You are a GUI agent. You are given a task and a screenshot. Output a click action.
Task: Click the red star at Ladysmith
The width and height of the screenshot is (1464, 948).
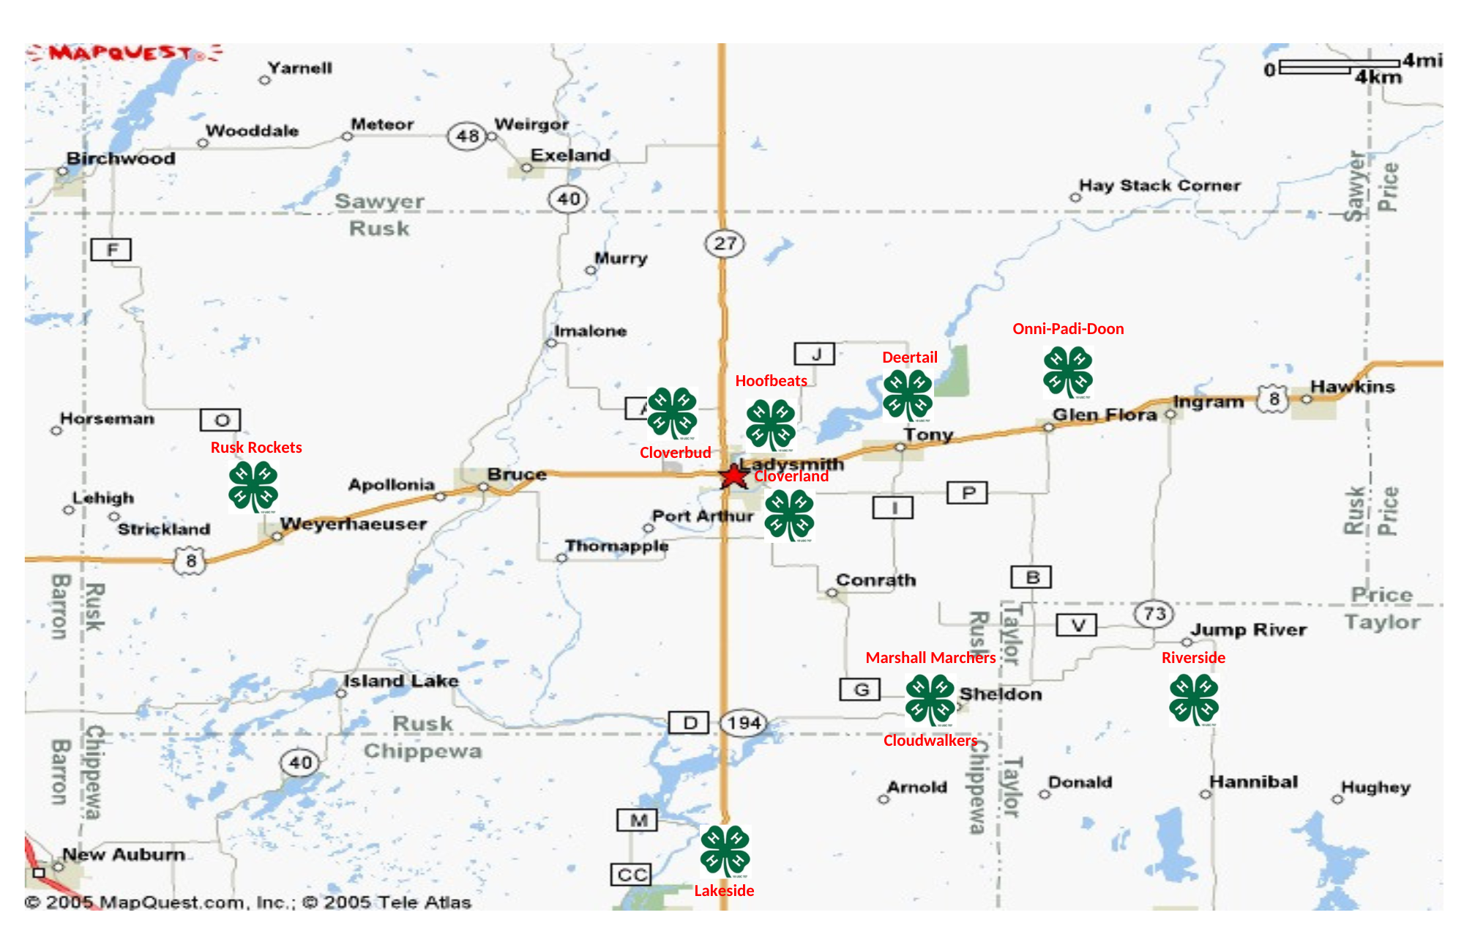pos(733,476)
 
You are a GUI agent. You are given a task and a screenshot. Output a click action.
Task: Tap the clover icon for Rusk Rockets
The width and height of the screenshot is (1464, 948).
pos(253,486)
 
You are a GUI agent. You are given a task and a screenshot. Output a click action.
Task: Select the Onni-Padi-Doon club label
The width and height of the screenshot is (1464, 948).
pos(1068,329)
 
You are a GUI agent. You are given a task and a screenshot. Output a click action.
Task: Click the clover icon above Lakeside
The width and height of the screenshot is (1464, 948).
pos(725,851)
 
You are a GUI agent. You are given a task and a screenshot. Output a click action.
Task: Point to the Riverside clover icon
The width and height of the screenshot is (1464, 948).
pos(1194,700)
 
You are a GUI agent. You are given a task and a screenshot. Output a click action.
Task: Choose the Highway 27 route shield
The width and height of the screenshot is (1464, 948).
pos(725,243)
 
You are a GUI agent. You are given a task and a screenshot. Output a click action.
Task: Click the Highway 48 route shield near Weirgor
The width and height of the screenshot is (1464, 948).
pos(467,136)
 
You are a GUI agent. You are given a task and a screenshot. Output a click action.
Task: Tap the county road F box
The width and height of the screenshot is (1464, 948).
pos(111,250)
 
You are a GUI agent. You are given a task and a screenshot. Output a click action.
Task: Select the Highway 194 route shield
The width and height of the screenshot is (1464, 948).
pos(744,723)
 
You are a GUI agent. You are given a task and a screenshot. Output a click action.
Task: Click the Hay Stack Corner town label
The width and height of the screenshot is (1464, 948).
pos(1159,185)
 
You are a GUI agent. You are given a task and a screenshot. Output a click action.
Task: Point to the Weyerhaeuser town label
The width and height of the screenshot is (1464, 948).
pos(353,525)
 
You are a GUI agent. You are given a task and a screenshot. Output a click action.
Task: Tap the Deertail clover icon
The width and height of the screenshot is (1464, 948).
pos(908,396)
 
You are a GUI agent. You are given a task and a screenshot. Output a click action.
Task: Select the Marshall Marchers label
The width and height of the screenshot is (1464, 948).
pos(930,658)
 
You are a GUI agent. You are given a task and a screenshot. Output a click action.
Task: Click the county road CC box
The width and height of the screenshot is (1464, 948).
pos(632,875)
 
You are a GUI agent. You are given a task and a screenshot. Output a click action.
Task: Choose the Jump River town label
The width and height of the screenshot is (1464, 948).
pos(1248,630)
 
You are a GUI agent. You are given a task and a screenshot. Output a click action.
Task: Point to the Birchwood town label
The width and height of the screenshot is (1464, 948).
pos(121,158)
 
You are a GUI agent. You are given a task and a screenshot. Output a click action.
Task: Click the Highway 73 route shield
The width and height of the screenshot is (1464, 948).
pos(1154,613)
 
